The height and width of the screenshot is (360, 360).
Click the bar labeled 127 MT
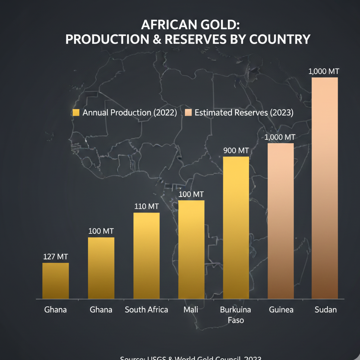pyautogui.click(x=56, y=281)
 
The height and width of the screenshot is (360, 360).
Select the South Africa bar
pyautogui.click(x=146, y=256)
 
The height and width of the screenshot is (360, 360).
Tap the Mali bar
pyautogui.click(x=191, y=250)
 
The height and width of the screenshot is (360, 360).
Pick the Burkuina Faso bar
pyautogui.click(x=236, y=227)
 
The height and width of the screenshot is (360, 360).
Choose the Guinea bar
pyautogui.click(x=281, y=221)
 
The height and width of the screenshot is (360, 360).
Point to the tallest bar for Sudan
pyautogui.click(x=325, y=188)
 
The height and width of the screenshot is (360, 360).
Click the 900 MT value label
pyautogui.click(x=236, y=151)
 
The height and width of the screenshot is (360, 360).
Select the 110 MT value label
pyautogui.click(x=146, y=206)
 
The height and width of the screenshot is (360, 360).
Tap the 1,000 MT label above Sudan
pyautogui.click(x=324, y=72)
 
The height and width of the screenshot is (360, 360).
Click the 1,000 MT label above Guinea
pyautogui.click(x=280, y=137)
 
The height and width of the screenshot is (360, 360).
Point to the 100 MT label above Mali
pyautogui.click(x=191, y=194)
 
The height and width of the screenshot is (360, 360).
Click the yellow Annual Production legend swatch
pyautogui.click(x=76, y=113)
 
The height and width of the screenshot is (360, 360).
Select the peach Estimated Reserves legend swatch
pyautogui.click(x=188, y=113)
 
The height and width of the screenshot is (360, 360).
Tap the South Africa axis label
pyautogui.click(x=146, y=310)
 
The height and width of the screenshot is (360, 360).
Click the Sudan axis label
pyautogui.click(x=325, y=310)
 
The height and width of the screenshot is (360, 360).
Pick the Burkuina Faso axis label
pyautogui.click(x=236, y=315)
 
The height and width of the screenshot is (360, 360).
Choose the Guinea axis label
pyautogui.click(x=281, y=310)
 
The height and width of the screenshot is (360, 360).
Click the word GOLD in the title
pyautogui.click(x=216, y=25)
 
